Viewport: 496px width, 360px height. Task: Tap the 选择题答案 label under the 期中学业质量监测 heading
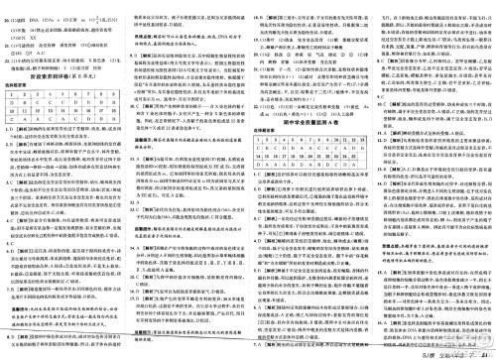tap(258, 130)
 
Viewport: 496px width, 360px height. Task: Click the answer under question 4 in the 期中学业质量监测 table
tap(283, 149)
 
